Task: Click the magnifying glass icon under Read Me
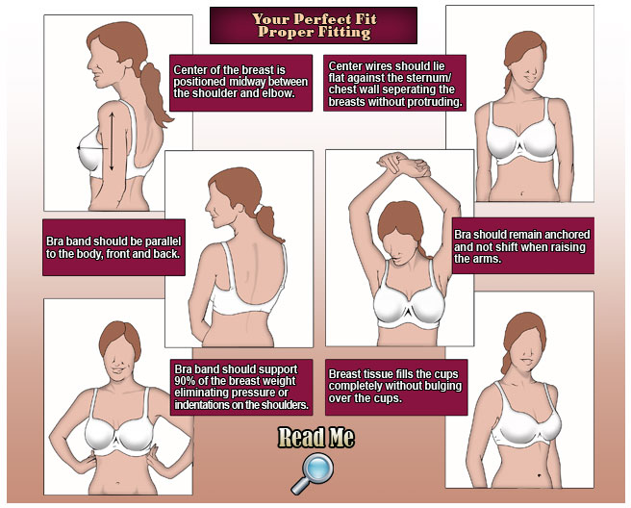(313, 473)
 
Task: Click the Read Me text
(316, 437)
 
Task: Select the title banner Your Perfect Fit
(314, 25)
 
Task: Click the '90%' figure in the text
(185, 381)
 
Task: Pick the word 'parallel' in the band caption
(163, 241)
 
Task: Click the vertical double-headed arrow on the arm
(112, 140)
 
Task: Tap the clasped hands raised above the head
(403, 164)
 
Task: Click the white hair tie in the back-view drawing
(259, 209)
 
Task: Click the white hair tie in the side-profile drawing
(143, 65)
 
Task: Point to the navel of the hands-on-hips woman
(117, 483)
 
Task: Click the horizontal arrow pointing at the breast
(91, 148)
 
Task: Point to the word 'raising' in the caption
(568, 246)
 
